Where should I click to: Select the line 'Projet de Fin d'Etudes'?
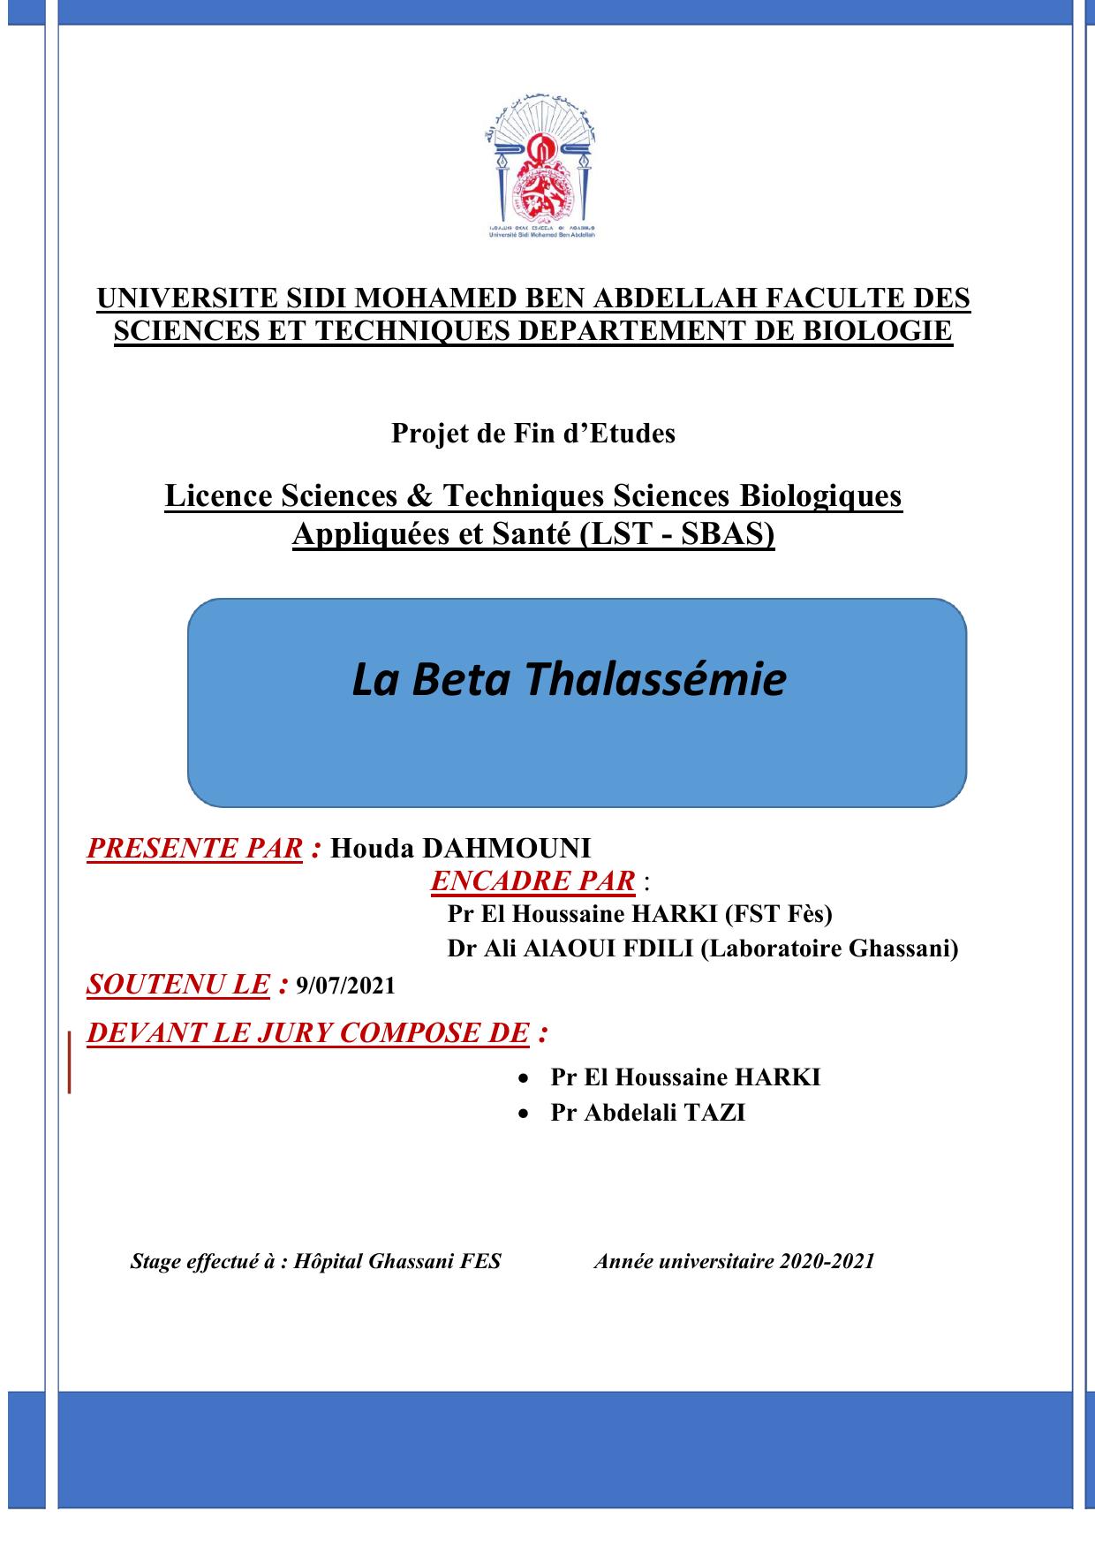click(x=533, y=434)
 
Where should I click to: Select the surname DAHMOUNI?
click(x=506, y=848)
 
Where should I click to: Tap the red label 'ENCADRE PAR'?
click(x=532, y=880)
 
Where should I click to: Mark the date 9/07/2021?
click(x=346, y=986)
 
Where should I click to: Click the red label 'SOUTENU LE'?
click(x=177, y=984)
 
